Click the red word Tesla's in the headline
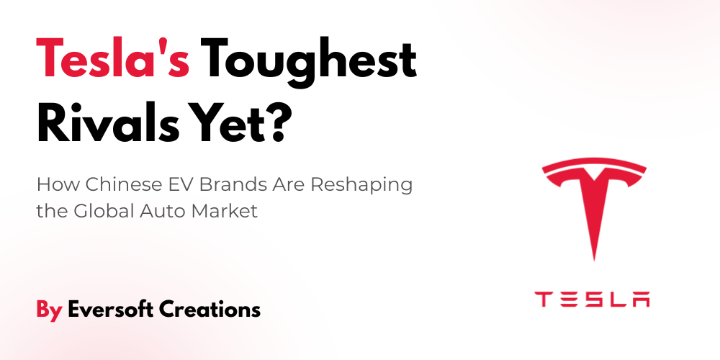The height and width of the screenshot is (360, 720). tap(113, 58)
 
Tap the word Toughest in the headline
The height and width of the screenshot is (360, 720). tap(308, 63)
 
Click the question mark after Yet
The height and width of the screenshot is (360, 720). tap(277, 121)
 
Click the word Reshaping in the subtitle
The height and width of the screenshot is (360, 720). tap(361, 187)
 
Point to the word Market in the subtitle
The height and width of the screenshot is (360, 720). tap(225, 211)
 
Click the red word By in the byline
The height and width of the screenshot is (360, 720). tap(49, 310)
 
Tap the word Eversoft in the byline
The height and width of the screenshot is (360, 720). tap(111, 309)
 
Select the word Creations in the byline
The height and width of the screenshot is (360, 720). tap(210, 309)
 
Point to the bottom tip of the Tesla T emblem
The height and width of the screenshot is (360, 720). tap(594, 261)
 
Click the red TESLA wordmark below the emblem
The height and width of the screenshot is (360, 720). tap(593, 299)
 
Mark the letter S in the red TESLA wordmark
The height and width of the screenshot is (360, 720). tap(592, 299)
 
